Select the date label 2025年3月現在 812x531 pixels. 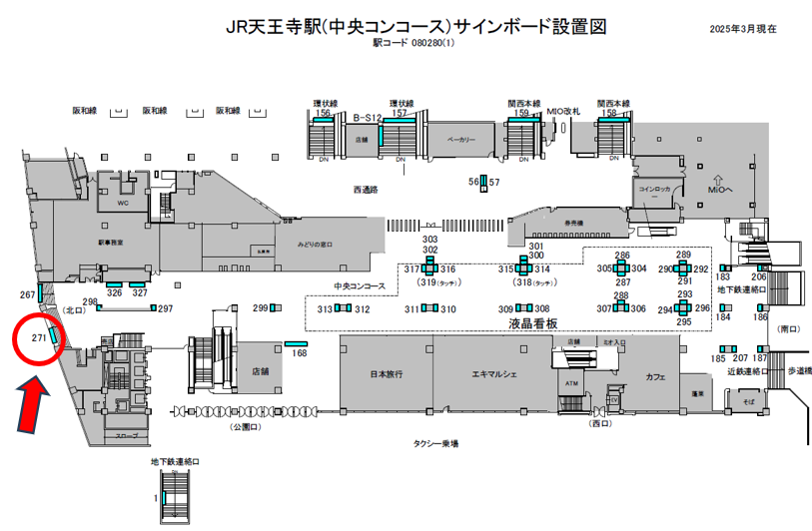click(743, 31)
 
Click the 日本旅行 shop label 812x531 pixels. click(386, 374)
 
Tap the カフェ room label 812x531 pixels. click(655, 377)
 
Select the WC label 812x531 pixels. click(124, 202)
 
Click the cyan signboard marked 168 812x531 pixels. click(299, 344)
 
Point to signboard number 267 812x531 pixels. click(27, 295)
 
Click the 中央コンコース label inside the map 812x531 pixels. click(360, 286)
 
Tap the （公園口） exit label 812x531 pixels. click(243, 426)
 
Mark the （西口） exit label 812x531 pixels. click(599, 423)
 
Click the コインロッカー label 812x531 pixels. click(654, 192)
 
